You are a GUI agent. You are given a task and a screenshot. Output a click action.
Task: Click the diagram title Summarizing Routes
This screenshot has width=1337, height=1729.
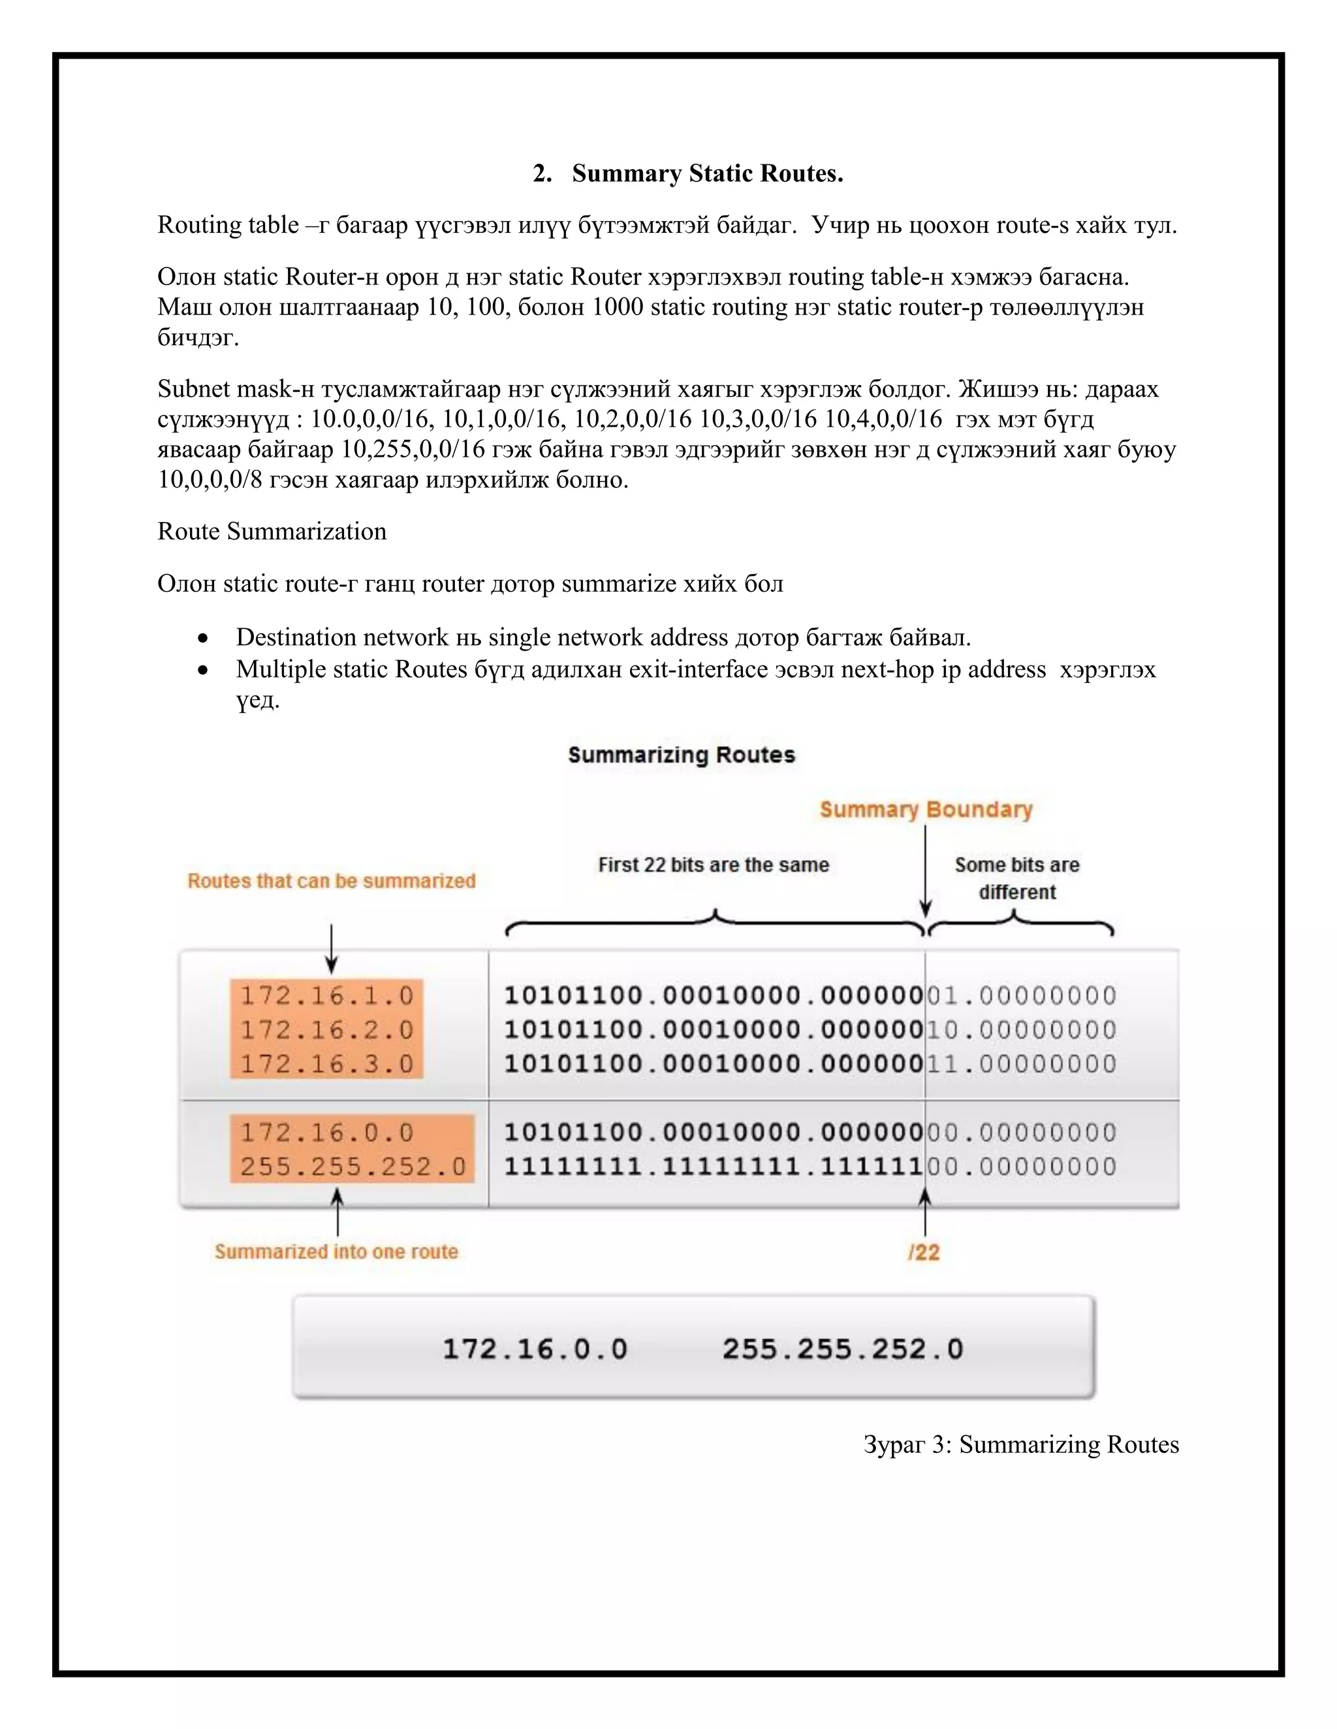point(681,754)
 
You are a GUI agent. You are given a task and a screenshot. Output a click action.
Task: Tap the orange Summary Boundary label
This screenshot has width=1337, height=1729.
point(926,809)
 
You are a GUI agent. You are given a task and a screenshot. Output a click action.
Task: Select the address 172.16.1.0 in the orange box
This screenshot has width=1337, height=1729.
point(327,995)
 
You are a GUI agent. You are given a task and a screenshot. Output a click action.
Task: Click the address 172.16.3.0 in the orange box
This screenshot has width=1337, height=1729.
point(327,1064)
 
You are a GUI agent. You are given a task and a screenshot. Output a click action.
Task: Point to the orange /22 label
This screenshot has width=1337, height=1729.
point(924,1253)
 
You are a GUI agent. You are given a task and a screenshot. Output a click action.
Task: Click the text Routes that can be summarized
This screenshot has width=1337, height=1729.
point(331,881)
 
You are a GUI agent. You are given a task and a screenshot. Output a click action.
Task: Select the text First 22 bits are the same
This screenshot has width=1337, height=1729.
point(713,864)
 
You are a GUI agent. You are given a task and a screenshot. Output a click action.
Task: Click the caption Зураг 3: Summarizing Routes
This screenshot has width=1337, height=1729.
point(1021,1445)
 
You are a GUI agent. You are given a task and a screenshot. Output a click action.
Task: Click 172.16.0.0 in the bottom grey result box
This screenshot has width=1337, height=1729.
point(535,1349)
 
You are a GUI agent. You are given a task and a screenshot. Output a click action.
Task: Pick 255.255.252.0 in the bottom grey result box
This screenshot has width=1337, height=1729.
point(843,1349)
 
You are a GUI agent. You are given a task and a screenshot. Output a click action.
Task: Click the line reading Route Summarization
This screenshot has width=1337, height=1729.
point(272,531)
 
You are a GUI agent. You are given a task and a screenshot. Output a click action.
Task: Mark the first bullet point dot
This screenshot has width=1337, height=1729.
point(204,638)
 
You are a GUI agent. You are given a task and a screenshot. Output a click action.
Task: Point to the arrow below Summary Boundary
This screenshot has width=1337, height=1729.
point(925,871)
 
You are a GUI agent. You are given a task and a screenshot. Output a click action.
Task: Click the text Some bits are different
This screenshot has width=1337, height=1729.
point(1017,878)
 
